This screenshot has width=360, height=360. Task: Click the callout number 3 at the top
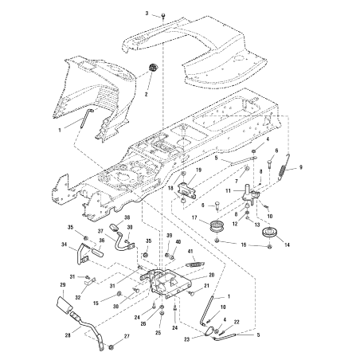(147, 14)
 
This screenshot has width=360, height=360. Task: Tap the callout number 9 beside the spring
(301, 167)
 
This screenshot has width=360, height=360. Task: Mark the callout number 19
(198, 170)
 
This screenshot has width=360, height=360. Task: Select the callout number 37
(101, 233)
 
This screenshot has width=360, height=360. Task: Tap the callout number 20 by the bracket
(211, 275)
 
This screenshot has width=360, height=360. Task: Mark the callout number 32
(77, 295)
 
